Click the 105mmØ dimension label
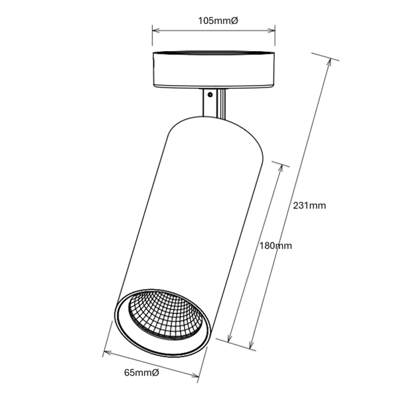[218, 21]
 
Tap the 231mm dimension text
[309, 205]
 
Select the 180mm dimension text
[276, 246]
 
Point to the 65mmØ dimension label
[141, 372]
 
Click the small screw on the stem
[210, 95]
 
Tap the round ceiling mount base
[214, 69]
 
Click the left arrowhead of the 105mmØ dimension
[156, 31]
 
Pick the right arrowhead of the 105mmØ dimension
[272, 31]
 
